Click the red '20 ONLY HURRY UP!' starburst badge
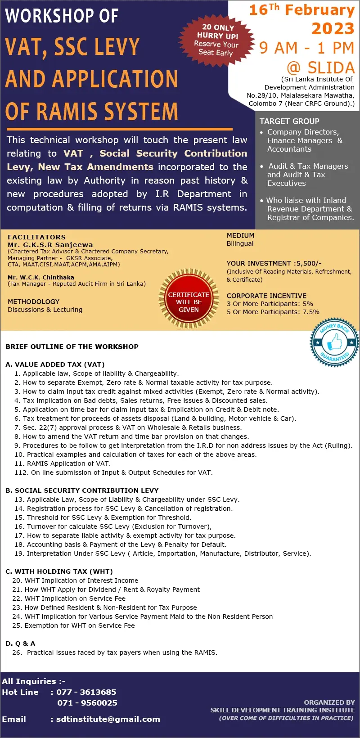[x=216, y=40]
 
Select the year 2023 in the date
[x=333, y=29]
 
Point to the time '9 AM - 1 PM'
[x=306, y=48]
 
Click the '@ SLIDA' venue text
[x=320, y=67]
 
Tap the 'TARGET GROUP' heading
[x=289, y=121]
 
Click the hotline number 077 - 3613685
[x=86, y=692]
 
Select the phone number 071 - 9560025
[x=87, y=703]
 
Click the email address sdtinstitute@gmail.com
[x=108, y=719]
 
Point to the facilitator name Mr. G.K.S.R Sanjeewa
[x=50, y=245]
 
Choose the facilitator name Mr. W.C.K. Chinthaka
[x=41, y=277]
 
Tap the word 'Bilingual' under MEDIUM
[x=240, y=243]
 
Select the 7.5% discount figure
[x=310, y=312]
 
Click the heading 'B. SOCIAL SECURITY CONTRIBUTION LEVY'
[x=82, y=490]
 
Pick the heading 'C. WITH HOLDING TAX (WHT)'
[x=59, y=571]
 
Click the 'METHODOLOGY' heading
[x=33, y=301]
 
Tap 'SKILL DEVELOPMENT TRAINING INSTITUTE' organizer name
[x=282, y=710]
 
